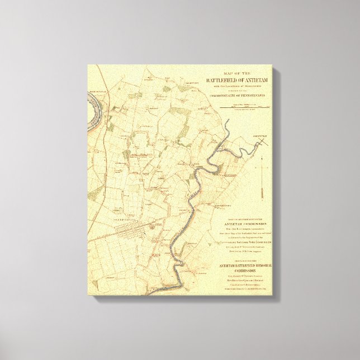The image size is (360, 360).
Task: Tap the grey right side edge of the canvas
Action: (x=275, y=184)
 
